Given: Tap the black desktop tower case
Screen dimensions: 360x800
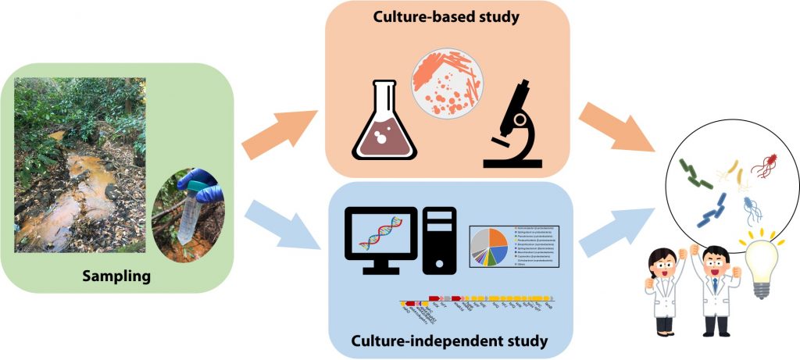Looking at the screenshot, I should [x=438, y=241].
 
